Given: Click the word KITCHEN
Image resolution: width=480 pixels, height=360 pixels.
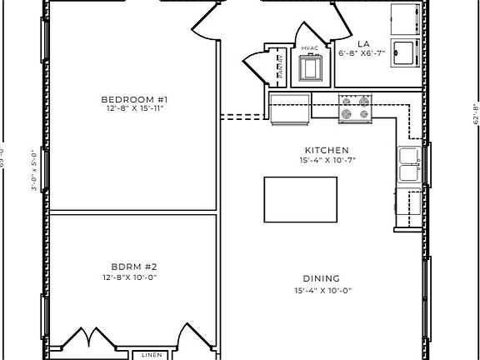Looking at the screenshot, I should click(x=320, y=150).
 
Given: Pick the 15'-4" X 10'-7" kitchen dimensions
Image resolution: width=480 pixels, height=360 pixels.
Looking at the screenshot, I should click(x=320, y=160).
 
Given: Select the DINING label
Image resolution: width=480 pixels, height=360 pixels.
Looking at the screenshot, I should click(x=320, y=280).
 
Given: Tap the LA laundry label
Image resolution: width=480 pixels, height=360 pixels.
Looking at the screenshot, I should click(x=363, y=42).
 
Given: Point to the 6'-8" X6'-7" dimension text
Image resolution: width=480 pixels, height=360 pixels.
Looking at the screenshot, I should click(x=361, y=52).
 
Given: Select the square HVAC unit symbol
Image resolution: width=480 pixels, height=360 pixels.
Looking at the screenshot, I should click(x=311, y=68).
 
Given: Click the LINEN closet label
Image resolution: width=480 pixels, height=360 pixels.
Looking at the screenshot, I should click(x=151, y=354).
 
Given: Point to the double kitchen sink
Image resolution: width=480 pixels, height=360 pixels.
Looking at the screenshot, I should click(x=408, y=166).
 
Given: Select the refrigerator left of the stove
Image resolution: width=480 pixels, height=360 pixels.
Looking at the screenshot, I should click(x=289, y=108).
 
